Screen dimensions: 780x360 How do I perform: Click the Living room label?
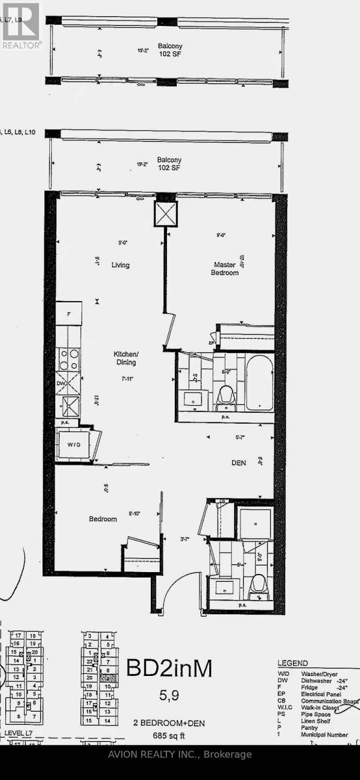[120, 265]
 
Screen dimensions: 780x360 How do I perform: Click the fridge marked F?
[69, 314]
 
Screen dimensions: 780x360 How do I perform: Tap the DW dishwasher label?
[60, 383]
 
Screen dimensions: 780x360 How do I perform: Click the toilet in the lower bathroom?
[258, 584]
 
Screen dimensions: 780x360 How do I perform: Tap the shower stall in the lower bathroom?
[254, 520]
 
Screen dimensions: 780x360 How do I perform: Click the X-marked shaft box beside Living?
[165, 213]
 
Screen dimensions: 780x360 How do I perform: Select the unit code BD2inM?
[169, 668]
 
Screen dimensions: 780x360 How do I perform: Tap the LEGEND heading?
[292, 662]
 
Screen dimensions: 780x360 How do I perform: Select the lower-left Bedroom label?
[103, 519]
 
